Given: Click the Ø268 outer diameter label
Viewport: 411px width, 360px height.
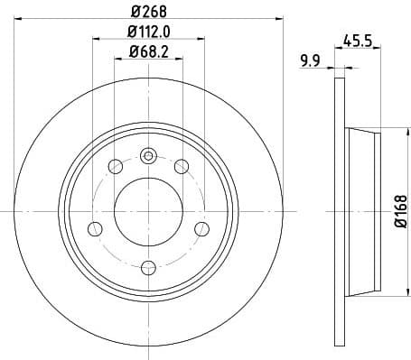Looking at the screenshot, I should (x=147, y=12).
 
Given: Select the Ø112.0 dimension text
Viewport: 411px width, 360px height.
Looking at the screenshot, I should (x=147, y=34).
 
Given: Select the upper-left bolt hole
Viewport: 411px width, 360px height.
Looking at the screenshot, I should (x=115, y=166).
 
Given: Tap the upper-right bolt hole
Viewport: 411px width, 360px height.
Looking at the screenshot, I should (x=181, y=166).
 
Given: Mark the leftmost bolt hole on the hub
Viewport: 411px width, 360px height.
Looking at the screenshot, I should (x=94, y=228).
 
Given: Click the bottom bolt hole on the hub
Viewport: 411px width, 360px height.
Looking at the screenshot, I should (x=147, y=266).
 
